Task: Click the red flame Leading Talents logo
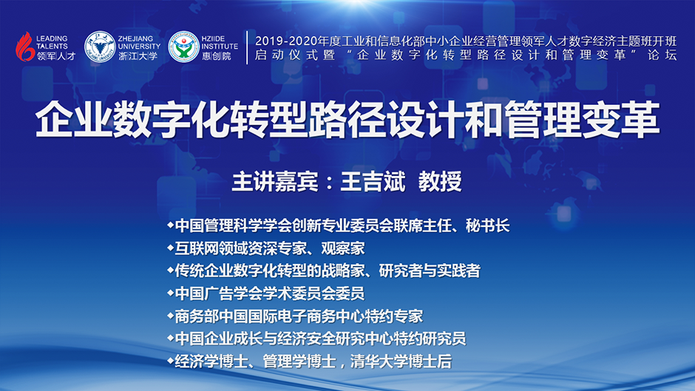tap(25, 46)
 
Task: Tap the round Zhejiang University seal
tap(100, 47)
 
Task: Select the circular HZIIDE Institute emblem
tap(183, 47)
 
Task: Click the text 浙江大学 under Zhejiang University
tap(138, 56)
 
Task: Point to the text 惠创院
tap(217, 56)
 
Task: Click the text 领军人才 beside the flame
tap(56, 56)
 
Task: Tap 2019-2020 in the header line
tap(285, 41)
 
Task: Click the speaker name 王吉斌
tap(373, 181)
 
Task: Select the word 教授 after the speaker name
tap(440, 181)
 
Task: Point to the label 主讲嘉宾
tap(275, 181)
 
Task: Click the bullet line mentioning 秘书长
tap(338, 225)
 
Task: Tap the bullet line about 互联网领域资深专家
tap(266, 248)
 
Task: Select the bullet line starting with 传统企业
tap(324, 271)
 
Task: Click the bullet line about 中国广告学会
tap(266, 293)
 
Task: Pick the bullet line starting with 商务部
tap(295, 316)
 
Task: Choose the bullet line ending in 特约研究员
tap(316, 339)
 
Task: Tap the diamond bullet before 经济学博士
tap(170, 361)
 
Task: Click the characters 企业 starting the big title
tap(74, 120)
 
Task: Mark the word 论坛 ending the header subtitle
tap(662, 55)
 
